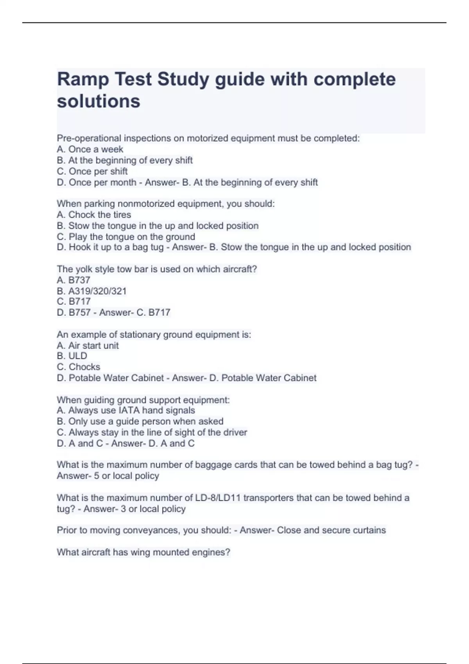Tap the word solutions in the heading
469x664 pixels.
[98, 101]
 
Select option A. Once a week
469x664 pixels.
[90, 149]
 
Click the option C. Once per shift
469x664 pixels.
[92, 171]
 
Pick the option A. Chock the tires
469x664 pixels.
[94, 214]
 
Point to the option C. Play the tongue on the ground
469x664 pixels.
[126, 237]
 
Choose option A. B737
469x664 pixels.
[73, 280]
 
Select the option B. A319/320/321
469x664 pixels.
[91, 291]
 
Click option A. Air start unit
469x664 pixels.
[88, 345]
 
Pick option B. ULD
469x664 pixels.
[72, 356]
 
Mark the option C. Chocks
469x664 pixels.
[78, 367]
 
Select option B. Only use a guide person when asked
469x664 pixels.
[140, 421]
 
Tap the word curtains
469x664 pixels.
[369, 530]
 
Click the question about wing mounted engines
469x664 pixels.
[143, 552]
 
